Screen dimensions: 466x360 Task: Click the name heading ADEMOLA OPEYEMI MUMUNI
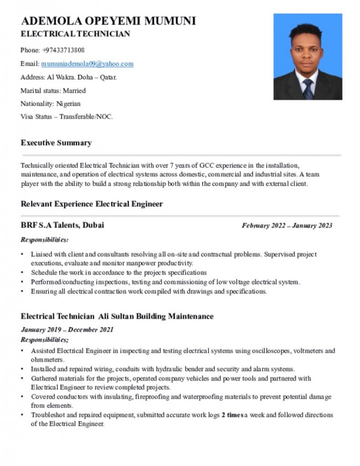click(x=108, y=21)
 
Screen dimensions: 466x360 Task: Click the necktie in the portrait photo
click(x=307, y=89)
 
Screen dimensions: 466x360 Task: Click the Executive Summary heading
click(x=56, y=143)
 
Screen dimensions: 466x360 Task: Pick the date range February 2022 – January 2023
click(x=287, y=226)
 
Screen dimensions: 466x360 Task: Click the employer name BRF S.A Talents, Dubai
click(x=62, y=225)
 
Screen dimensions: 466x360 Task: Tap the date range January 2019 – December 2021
click(x=67, y=330)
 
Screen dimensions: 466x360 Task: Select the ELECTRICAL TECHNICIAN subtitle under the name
click(x=75, y=34)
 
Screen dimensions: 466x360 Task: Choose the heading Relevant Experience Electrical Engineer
click(x=92, y=204)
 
